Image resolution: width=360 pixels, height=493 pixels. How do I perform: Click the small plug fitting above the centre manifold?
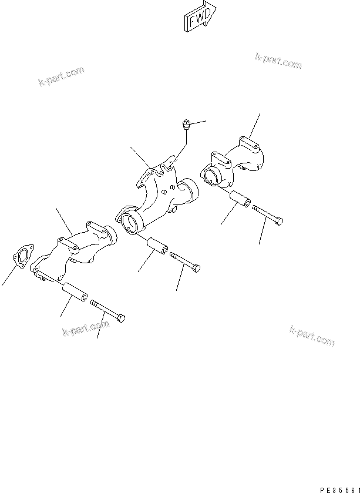[x=186, y=124]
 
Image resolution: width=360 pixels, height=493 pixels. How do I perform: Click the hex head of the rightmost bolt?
[x=280, y=221]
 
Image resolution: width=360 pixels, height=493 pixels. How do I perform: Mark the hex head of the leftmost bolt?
[x=121, y=318]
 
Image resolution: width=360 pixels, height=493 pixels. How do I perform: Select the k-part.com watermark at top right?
[x=278, y=60]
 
